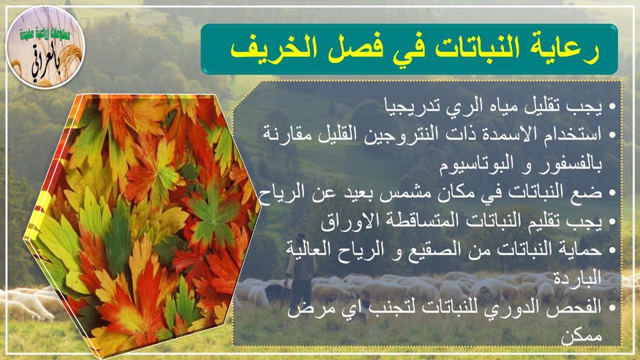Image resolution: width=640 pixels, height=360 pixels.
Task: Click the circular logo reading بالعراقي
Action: point(45,47)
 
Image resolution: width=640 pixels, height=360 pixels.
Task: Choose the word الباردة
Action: point(577,278)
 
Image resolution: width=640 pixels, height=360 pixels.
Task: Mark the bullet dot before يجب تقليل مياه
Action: point(612,107)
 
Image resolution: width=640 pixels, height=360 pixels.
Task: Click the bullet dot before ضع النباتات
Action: point(612,193)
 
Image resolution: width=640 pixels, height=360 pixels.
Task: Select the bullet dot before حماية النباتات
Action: point(612,250)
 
